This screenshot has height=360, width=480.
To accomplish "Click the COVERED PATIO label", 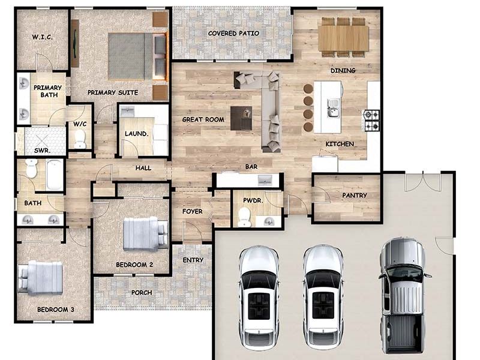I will [233, 34].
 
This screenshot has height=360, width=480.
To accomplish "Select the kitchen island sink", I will [332, 108].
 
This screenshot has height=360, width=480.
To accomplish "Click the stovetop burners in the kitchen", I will [371, 119].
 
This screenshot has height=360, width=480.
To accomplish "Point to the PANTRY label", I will [355, 196].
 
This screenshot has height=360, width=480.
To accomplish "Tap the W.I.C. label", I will [42, 37].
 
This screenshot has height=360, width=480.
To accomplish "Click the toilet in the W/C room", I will [80, 139].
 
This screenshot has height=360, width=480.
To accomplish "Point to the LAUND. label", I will [136, 134].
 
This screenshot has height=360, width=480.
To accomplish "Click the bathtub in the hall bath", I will [54, 174].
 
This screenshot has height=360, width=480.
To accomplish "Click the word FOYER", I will [192, 212].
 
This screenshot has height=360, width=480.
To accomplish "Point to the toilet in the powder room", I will [244, 217].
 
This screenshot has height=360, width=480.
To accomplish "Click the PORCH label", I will [142, 293].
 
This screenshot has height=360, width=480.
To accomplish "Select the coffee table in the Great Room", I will [241, 118].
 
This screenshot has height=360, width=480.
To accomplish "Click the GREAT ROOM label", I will [203, 119].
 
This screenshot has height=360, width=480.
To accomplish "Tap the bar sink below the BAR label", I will [264, 180].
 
